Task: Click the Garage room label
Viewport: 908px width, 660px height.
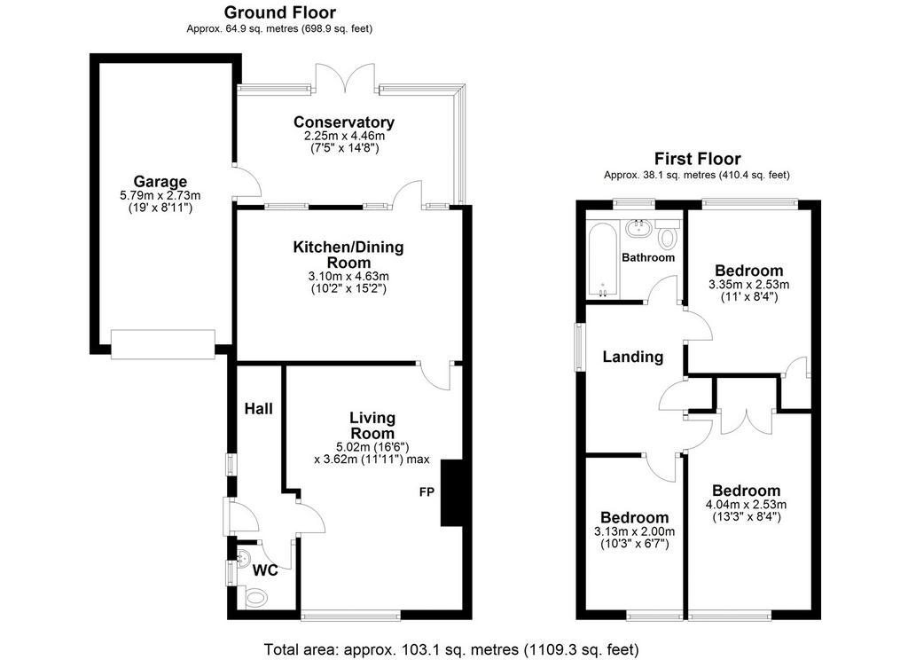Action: click(x=160, y=181)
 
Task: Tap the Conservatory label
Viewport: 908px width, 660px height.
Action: click(x=344, y=122)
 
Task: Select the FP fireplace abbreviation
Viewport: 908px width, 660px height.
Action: click(x=427, y=492)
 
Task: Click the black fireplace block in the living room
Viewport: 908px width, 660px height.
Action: click(x=451, y=493)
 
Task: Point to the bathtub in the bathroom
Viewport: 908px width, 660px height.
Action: click(x=603, y=260)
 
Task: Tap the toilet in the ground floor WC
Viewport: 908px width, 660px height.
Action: click(x=254, y=596)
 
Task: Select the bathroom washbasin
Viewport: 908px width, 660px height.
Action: click(x=638, y=226)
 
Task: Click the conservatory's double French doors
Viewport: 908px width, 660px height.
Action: click(x=345, y=78)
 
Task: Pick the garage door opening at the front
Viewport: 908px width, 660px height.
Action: click(x=163, y=344)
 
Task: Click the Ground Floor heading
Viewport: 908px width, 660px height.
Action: click(x=279, y=12)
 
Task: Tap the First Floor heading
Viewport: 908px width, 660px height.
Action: click(x=697, y=158)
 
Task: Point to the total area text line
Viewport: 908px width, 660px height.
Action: click(x=451, y=649)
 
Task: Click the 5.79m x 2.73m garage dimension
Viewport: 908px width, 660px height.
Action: click(x=160, y=196)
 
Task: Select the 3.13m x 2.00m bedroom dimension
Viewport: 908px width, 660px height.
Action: click(x=634, y=531)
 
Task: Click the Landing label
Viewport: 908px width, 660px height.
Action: click(x=632, y=357)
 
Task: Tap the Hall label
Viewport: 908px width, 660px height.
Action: click(x=258, y=409)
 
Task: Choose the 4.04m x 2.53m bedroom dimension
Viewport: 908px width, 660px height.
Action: click(x=746, y=504)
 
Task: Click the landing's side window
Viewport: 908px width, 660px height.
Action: click(x=578, y=347)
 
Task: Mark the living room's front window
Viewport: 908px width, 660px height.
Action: click(x=351, y=616)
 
